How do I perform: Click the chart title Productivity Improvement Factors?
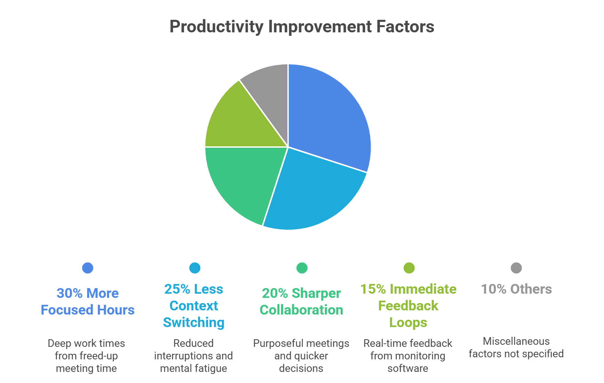tap(302, 27)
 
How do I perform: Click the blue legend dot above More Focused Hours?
tap(88, 268)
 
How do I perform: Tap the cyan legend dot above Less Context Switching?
tap(195, 268)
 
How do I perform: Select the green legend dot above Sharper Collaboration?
tap(302, 268)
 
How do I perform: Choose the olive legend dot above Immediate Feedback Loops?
tap(409, 268)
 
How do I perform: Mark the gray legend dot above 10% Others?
tap(516, 268)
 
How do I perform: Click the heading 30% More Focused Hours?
tap(88, 301)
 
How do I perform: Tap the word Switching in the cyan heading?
tap(194, 323)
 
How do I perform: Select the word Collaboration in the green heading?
tap(301, 310)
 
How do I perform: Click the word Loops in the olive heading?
tap(408, 323)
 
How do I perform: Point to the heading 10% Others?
tap(516, 289)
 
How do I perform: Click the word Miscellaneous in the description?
tap(516, 341)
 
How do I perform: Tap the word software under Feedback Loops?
tap(408, 368)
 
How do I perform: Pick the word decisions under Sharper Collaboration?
tap(301, 368)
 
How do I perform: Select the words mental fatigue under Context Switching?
tap(193, 368)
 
